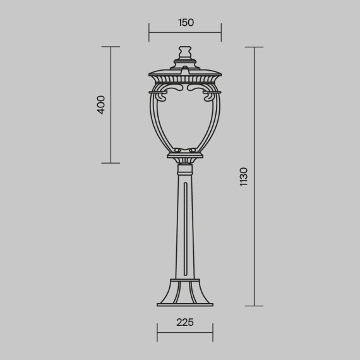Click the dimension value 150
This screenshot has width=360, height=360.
coord(185,23)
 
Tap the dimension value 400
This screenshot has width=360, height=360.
coord(102,104)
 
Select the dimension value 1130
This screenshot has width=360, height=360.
coord(244,177)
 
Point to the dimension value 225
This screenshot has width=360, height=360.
coord(184,323)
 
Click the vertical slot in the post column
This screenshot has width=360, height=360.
coord(184,231)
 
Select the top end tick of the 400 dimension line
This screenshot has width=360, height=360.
coord(111,47)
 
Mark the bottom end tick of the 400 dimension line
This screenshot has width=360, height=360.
coord(111,163)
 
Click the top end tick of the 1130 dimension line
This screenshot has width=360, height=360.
coord(254,47)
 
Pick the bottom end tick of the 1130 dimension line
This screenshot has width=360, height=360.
coord(254,306)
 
